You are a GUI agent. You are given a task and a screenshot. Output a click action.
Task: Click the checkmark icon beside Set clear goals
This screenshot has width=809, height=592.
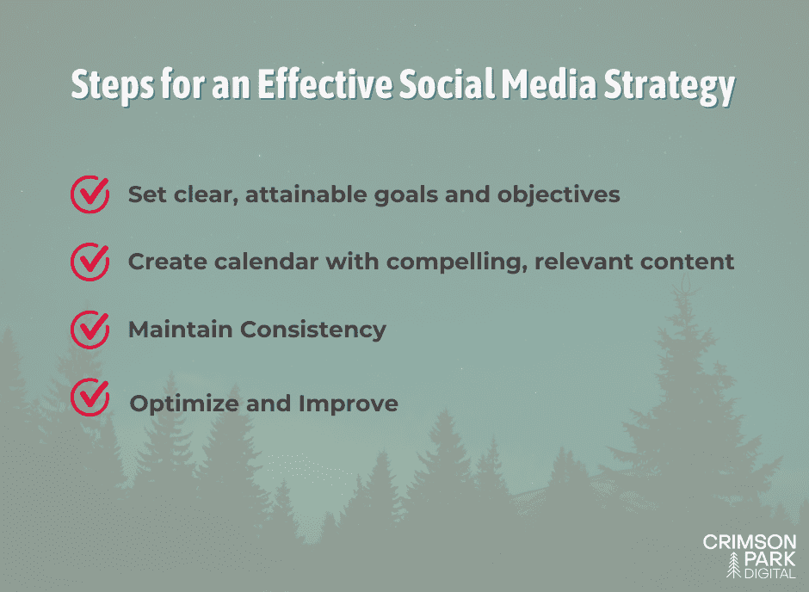point(89,194)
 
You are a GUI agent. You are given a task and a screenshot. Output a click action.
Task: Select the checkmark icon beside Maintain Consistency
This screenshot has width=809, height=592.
point(89,330)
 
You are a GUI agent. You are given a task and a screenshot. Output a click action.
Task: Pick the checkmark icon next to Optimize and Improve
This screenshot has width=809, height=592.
point(89,397)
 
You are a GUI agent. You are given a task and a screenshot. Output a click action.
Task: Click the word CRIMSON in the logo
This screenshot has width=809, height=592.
point(750,543)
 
